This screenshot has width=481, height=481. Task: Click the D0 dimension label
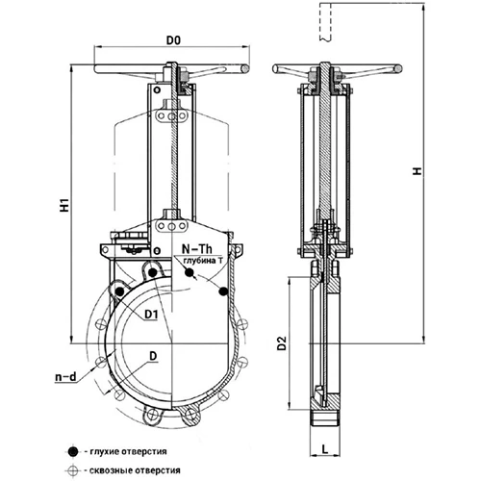pos(173,40)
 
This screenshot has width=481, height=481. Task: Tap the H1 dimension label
pos(65,205)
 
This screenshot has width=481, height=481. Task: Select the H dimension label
pos(417,171)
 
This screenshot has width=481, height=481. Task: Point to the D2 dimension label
pos(282,342)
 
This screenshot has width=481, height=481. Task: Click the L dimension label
pos(325,449)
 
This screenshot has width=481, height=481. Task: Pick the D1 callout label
pos(151,315)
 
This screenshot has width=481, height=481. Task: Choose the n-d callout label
pos(66,377)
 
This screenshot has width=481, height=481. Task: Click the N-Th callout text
pos(197,248)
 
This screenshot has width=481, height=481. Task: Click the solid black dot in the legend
pos(74,452)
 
